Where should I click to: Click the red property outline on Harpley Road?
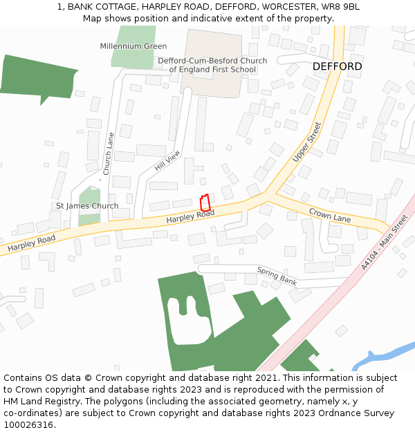[205, 203]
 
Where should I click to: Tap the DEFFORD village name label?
[337, 66]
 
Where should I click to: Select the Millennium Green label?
[133, 46]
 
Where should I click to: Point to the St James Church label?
[87, 206]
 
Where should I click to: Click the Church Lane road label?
[108, 153]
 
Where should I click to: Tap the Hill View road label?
[167, 161]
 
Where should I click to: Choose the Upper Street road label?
[307, 142]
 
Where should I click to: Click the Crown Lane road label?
[330, 216]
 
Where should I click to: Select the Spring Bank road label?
[277, 275]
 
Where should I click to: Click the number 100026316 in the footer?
[28, 424]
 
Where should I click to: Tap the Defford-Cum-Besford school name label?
[212, 65]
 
